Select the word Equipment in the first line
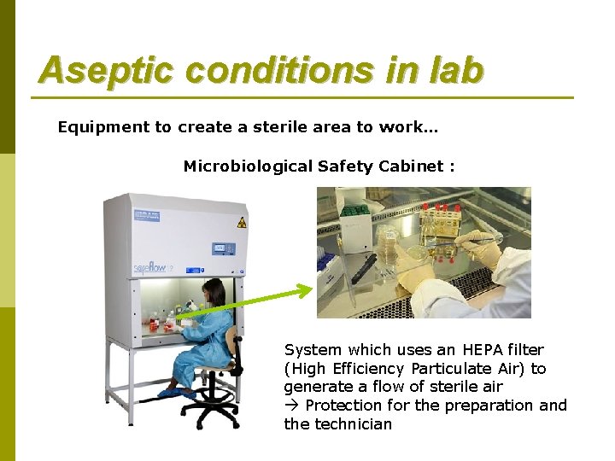click(102, 127)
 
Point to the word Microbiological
click(247, 166)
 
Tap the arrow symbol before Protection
click(292, 406)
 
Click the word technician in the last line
click(354, 424)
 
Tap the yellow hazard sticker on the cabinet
click(242, 221)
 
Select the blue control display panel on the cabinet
click(224, 248)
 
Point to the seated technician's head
click(214, 294)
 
